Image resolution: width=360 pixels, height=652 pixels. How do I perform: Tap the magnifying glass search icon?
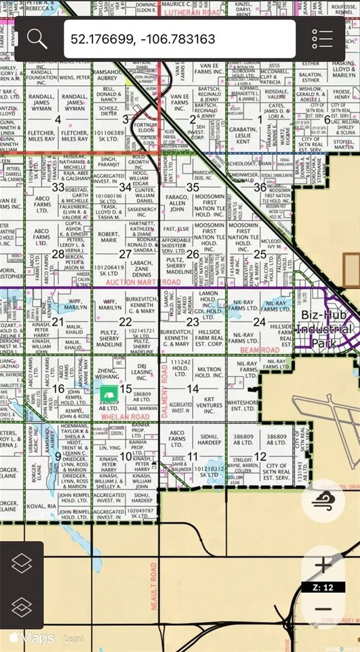[x=36, y=39]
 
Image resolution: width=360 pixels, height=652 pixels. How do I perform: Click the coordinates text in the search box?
[x=143, y=39]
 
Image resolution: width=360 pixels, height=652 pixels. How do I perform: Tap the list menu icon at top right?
[x=322, y=39]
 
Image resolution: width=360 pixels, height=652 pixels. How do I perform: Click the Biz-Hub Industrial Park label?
[x=324, y=329]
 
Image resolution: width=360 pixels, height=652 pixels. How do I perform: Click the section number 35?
[x=192, y=187]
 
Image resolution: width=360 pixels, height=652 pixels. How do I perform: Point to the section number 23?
[x=192, y=322]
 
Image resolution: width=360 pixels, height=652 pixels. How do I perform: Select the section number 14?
[x=192, y=388]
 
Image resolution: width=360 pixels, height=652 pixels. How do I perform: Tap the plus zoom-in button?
[x=323, y=565]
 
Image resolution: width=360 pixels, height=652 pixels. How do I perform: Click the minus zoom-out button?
[x=323, y=608]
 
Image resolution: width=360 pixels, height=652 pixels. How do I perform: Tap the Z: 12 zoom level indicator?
[x=326, y=586]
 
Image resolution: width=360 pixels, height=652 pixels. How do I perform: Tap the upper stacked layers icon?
[x=22, y=563]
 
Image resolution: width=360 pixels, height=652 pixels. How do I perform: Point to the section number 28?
[x=58, y=253]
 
